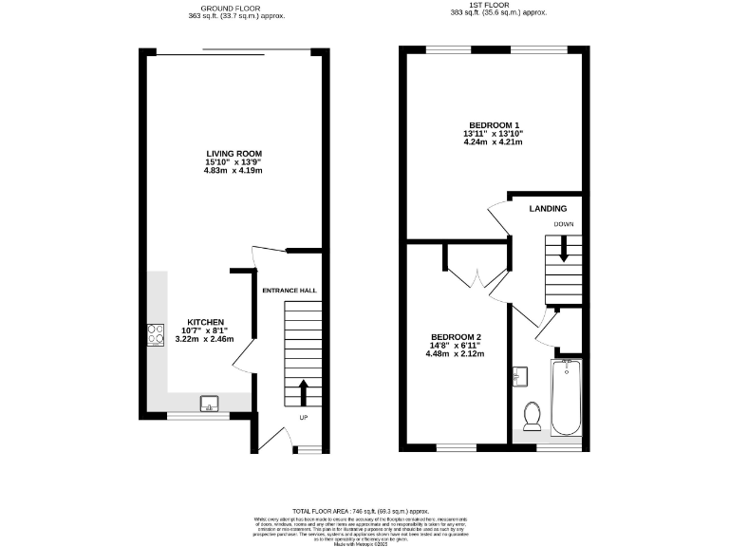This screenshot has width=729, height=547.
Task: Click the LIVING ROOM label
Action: point(234,154)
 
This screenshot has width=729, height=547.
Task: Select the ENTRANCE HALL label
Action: point(290,290)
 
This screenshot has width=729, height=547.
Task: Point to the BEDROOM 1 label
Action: point(494,125)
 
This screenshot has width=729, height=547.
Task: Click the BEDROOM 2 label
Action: point(456,337)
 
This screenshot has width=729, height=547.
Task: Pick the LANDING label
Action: point(549,209)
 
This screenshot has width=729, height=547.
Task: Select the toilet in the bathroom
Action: point(533,414)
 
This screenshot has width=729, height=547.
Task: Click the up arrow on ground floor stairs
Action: point(304,392)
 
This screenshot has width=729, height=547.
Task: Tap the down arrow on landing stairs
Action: point(564,251)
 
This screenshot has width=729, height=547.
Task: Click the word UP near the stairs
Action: point(304,417)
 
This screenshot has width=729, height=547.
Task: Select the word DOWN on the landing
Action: point(564,225)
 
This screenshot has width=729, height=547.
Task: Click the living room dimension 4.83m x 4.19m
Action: point(234,171)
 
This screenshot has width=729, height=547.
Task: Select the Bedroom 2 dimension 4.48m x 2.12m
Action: point(456,353)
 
